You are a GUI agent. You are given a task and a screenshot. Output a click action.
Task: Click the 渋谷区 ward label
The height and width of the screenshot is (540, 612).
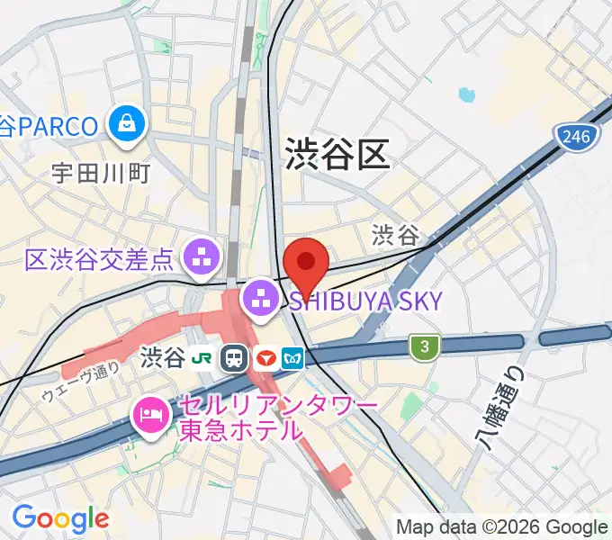337,155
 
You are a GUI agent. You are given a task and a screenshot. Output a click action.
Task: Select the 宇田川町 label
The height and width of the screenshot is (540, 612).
101,173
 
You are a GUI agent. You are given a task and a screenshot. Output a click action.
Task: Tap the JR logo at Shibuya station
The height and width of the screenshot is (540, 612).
206,358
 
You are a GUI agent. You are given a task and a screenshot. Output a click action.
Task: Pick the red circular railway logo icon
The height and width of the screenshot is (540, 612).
265,358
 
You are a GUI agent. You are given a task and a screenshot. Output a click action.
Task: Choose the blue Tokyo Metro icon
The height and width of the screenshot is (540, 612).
293,358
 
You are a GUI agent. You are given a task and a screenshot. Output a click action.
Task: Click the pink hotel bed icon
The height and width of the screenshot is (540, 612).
148,416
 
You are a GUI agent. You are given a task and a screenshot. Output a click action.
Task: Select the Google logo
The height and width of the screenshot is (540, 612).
60,518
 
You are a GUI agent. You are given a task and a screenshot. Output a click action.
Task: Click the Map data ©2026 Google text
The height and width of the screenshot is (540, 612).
502,527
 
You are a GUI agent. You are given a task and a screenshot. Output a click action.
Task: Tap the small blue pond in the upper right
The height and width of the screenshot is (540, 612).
465,94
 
